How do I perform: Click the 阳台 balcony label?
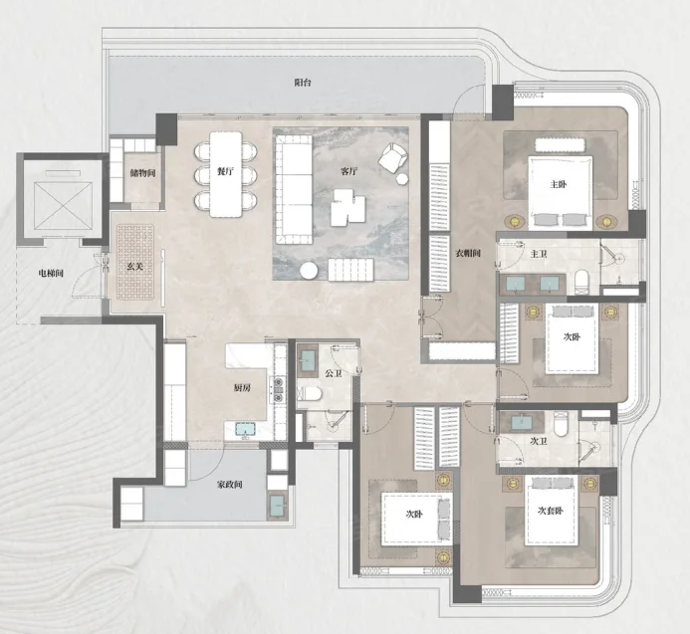[x=303, y=83]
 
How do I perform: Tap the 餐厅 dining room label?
[x=225, y=171]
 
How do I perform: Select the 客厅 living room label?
[x=348, y=171]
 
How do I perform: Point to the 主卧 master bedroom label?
[x=559, y=184]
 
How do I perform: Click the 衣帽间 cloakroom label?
[x=468, y=254]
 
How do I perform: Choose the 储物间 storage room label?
[x=143, y=173]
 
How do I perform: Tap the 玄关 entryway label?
[x=135, y=267]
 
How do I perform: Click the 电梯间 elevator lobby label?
[x=51, y=274]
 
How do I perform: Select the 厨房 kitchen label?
[x=242, y=388]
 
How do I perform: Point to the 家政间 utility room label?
[x=229, y=485]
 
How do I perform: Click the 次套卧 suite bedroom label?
[x=550, y=511]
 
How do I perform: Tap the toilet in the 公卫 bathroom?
[x=310, y=393]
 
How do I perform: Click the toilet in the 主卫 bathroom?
[x=581, y=283]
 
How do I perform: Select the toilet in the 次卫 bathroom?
[x=561, y=424]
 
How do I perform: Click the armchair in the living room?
[x=392, y=158]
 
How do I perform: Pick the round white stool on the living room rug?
[x=309, y=271]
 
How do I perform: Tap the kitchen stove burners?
[x=279, y=390]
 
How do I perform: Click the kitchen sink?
[x=246, y=429]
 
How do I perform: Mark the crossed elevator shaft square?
[x=64, y=206]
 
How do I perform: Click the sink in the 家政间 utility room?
[x=278, y=505]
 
